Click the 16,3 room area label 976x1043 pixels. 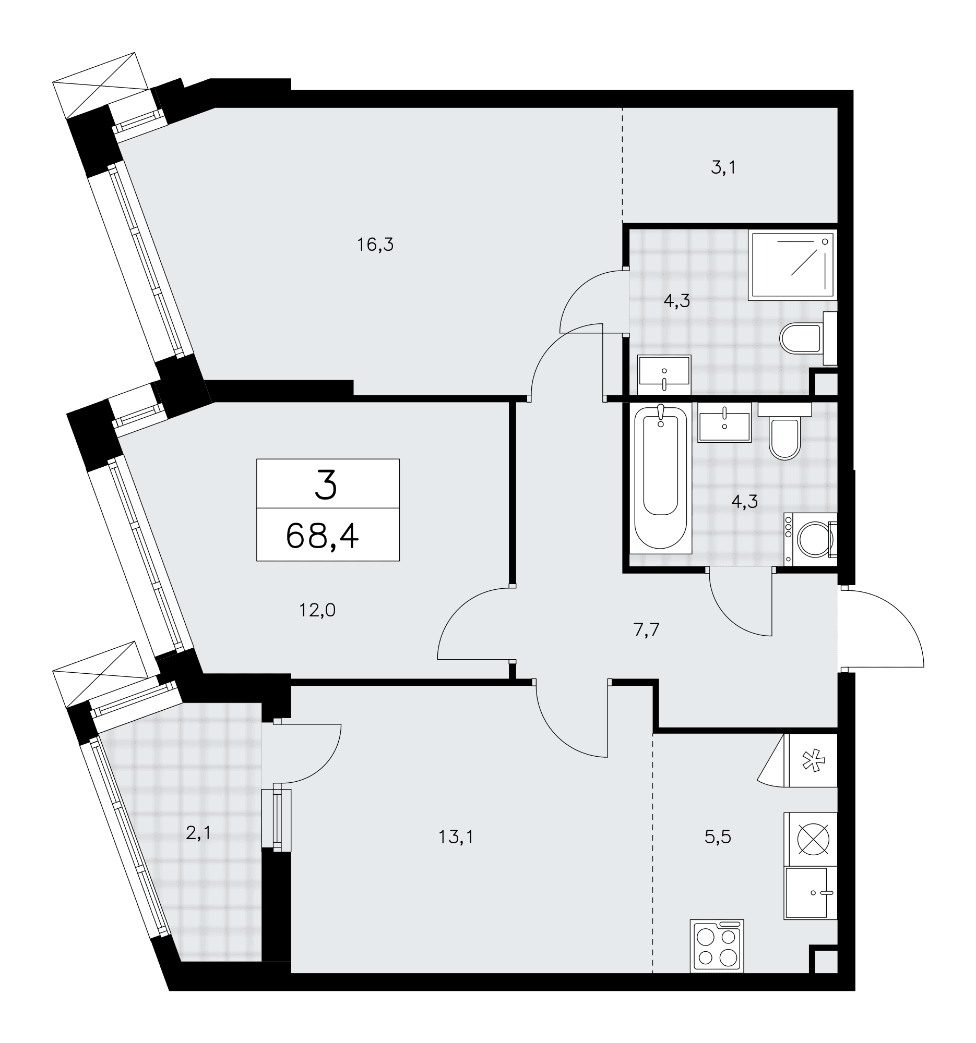[x=375, y=245]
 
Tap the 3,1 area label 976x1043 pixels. [x=723, y=167]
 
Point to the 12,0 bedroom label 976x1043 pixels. [x=317, y=610]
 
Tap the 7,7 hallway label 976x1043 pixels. [x=646, y=629]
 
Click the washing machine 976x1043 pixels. [x=810, y=539]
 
